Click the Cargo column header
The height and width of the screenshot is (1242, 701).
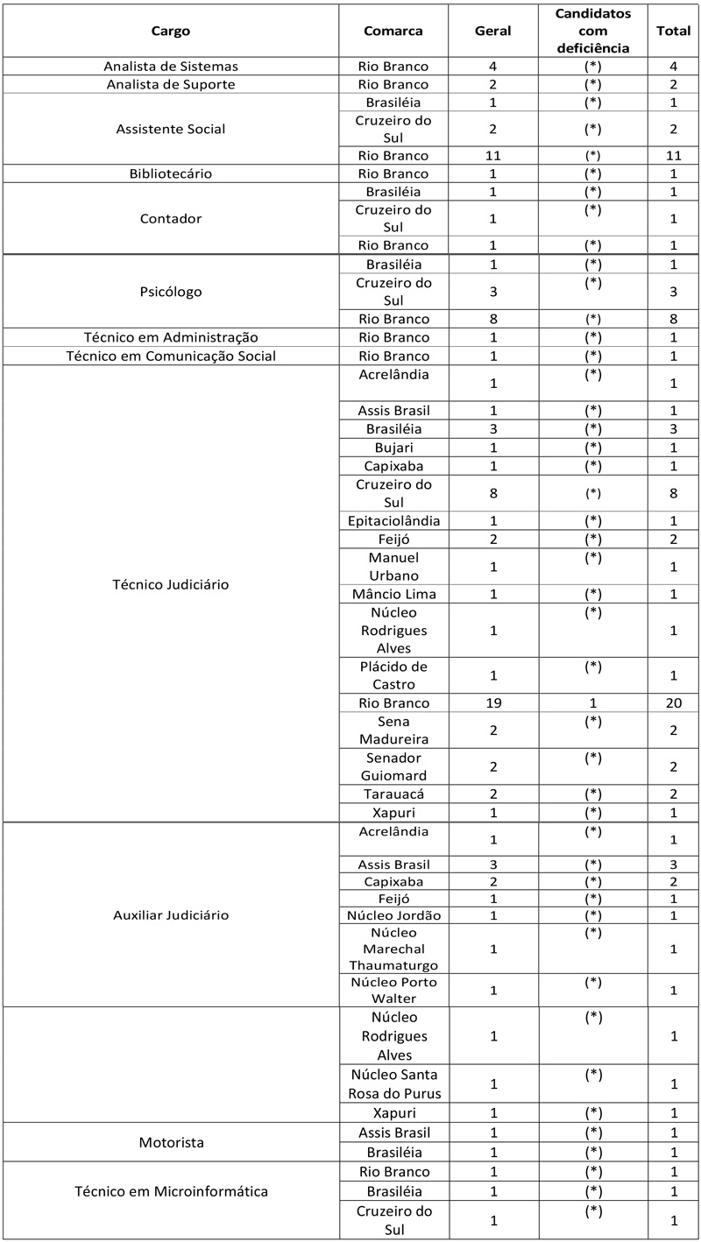(x=170, y=31)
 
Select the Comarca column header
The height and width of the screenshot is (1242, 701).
(x=393, y=31)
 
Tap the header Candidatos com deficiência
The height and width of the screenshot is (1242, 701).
(x=593, y=31)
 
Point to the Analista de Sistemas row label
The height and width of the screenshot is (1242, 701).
(x=170, y=67)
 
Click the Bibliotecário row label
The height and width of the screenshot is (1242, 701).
(x=170, y=173)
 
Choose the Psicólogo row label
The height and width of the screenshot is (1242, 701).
(x=170, y=292)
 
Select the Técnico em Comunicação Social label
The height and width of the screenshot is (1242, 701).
(x=170, y=356)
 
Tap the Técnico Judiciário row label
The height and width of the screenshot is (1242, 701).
(x=170, y=584)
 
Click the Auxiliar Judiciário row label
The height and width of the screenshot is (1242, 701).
(x=170, y=915)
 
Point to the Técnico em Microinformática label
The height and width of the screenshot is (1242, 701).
(x=170, y=1191)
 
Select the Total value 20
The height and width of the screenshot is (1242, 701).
(x=673, y=702)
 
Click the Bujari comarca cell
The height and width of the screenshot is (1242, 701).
(x=393, y=448)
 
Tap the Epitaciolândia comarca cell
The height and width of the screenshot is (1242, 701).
(x=393, y=520)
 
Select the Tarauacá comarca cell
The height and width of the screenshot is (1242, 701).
(x=393, y=794)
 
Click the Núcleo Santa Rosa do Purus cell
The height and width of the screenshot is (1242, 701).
(x=393, y=1083)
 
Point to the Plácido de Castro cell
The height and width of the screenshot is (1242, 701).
(x=393, y=674)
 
